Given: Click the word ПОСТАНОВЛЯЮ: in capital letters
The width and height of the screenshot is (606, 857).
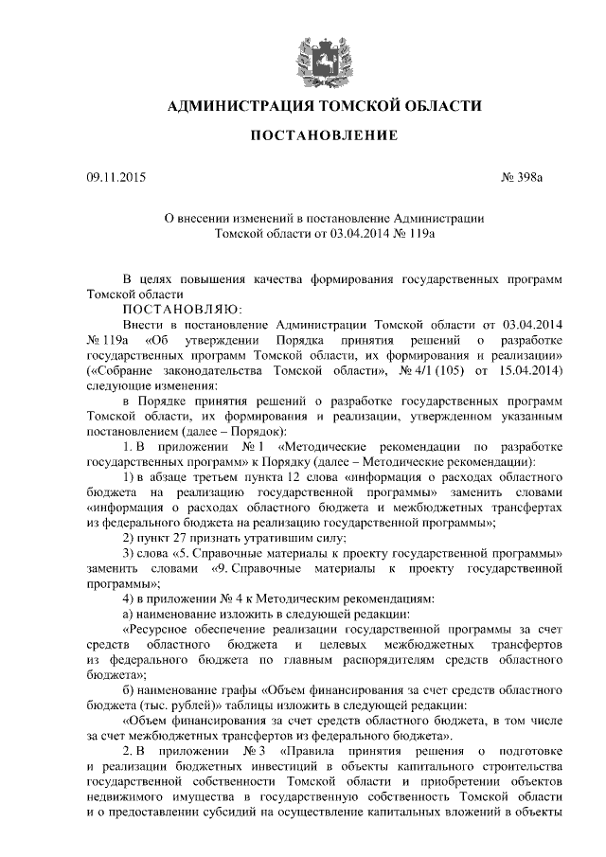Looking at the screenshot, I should tap(183, 309).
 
